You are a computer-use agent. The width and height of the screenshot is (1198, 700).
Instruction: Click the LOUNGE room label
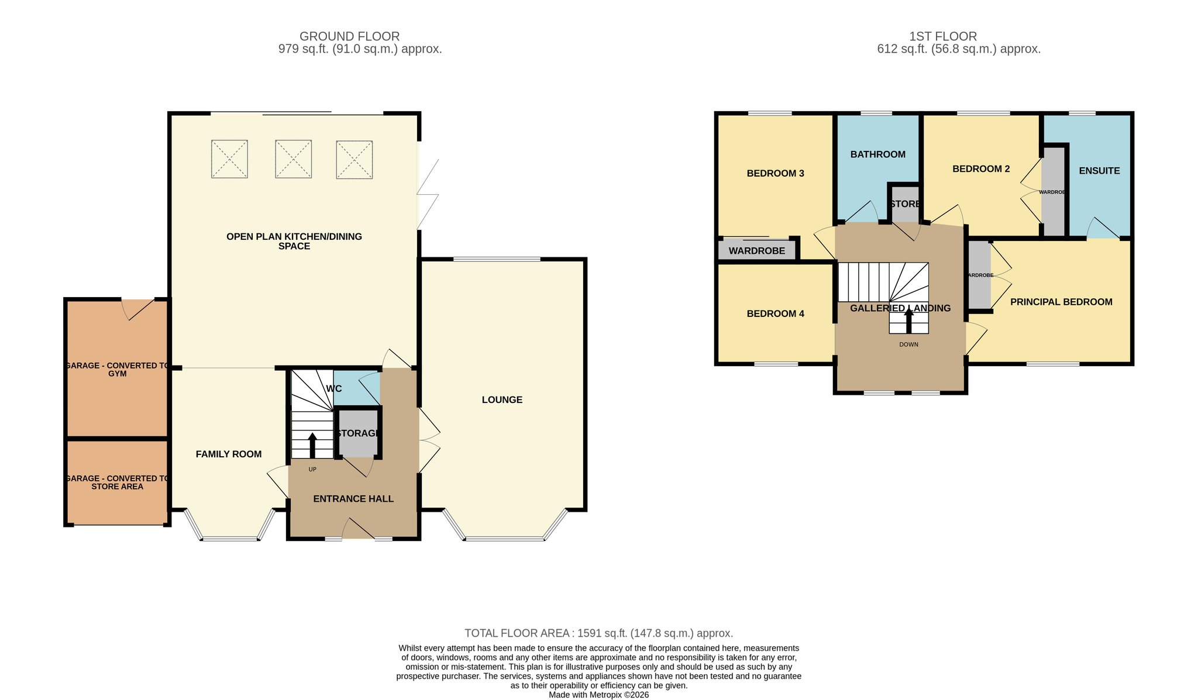pos(502,400)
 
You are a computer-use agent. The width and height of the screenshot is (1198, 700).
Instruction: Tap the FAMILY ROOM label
pos(229,454)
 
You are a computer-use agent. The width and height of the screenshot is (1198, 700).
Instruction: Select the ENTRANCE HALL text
pos(353,499)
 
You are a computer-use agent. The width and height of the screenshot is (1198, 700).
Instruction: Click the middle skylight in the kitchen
pos(294,159)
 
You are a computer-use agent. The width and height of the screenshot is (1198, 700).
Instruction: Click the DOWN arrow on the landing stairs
pos(909,321)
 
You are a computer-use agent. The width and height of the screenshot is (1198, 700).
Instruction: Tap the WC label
pos(334,389)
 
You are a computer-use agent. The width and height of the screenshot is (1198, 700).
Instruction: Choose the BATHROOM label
pos(878,154)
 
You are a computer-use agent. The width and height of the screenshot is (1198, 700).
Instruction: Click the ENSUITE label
pos(1100,171)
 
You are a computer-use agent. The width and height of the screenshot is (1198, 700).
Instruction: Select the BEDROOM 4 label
pos(776,314)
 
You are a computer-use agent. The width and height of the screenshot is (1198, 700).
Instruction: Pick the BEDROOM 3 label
pos(776,174)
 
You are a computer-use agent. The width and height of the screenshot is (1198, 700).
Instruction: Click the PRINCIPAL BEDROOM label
pos(1062,302)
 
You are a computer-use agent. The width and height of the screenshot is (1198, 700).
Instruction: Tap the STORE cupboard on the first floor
pos(904,204)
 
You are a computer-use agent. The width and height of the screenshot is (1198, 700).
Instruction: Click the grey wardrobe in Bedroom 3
pos(757,250)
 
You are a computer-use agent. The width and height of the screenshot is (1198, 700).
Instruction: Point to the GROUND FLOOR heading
pos(350,37)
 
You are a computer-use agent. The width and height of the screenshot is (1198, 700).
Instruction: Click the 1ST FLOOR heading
pos(943,37)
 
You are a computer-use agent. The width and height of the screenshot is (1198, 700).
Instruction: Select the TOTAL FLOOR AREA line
pos(599,633)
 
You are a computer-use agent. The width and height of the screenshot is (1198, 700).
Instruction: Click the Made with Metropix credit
pos(599,695)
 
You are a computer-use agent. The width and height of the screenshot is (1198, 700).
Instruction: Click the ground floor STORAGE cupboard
pos(358,433)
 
